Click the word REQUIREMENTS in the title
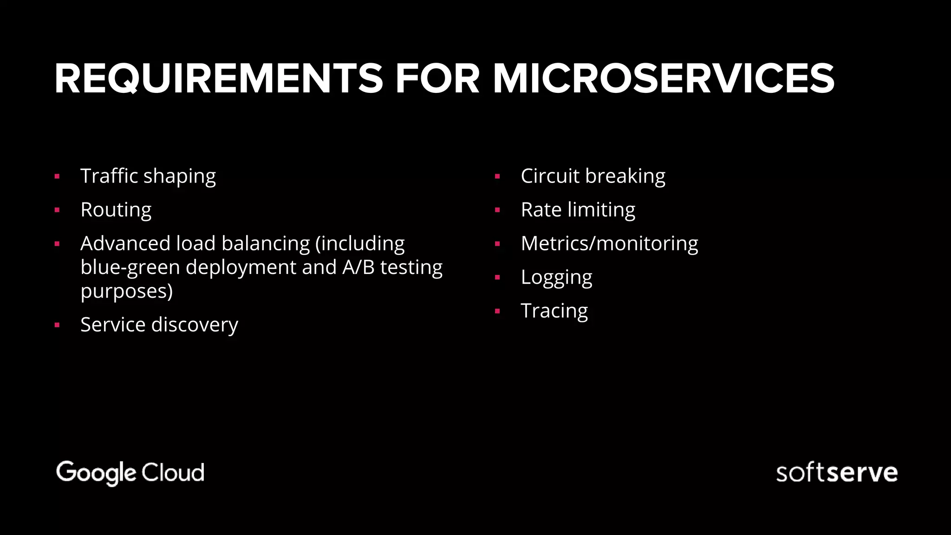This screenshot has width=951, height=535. coord(218,79)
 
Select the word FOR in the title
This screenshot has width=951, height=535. coord(437,79)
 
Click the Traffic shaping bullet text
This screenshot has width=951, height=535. coord(148,176)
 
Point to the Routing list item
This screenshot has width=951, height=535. coord(116,210)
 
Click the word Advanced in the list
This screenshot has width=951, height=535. coord(125,243)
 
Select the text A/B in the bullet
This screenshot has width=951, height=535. coord(358,267)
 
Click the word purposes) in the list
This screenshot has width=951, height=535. coord(126,292)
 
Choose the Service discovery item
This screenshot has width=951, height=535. coord(159,325)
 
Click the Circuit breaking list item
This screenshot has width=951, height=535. coord(593,176)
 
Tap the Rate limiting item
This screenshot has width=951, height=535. coord(578,210)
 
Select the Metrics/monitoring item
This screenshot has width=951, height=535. coord(609,244)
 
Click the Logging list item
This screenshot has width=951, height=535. coord(556,277)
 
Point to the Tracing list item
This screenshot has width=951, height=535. coord(554,311)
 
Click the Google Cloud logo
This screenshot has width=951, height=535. coord(130,473)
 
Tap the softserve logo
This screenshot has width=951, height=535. coord(836,473)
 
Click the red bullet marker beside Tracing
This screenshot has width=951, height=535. coord(497,312)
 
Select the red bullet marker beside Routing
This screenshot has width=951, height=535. coord(57,210)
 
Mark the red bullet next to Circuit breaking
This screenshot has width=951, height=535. coord(497,176)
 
